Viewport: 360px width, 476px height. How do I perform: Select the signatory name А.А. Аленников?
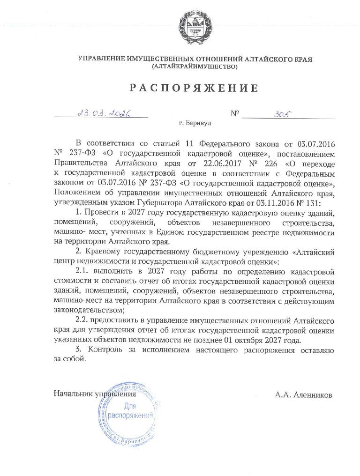[x=304, y=395]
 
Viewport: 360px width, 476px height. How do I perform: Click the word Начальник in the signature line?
[x=73, y=395]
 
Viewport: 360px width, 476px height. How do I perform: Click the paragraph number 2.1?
[x=82, y=271]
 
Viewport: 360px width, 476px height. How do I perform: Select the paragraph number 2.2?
[x=82, y=320]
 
